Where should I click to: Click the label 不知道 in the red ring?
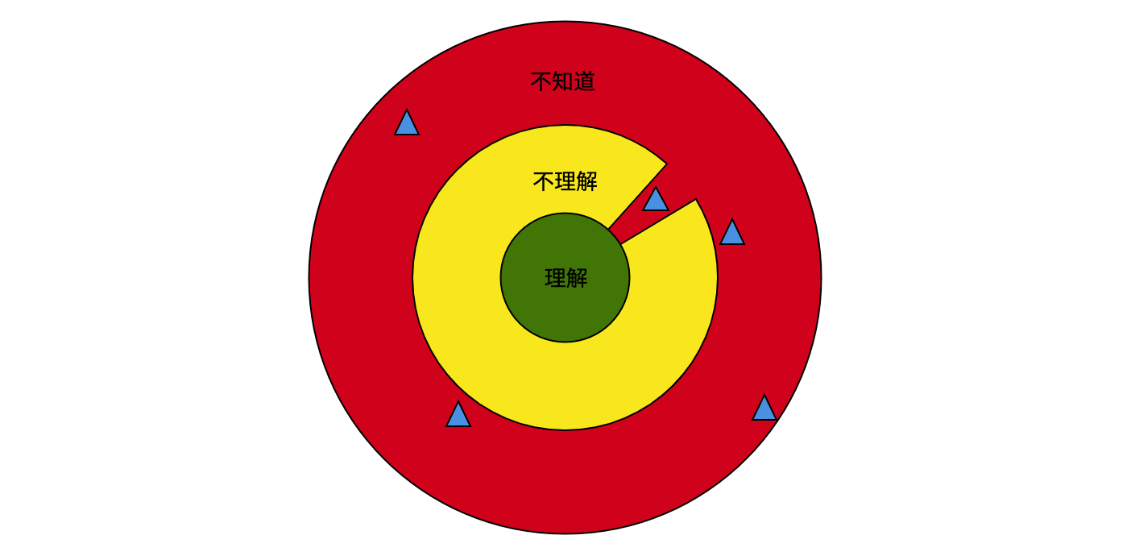coord(563,81)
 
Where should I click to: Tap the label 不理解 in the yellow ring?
coord(565,181)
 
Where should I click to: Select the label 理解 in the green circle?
coord(566,278)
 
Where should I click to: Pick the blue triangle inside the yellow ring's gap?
coord(656,201)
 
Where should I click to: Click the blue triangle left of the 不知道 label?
coord(407,124)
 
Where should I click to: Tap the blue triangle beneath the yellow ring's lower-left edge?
coord(458,416)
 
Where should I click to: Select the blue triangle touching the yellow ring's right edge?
coord(732,234)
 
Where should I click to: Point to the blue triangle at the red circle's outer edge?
coord(764,409)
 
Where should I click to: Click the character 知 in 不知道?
coord(563,81)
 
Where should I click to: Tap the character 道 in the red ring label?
coord(585,81)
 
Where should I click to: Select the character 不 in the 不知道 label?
coord(541,82)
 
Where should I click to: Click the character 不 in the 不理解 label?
coord(544,182)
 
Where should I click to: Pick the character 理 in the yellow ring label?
coord(565,181)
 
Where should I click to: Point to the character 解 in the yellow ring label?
coord(587,181)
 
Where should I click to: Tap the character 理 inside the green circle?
coord(555,278)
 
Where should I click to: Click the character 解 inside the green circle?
coord(577,278)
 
